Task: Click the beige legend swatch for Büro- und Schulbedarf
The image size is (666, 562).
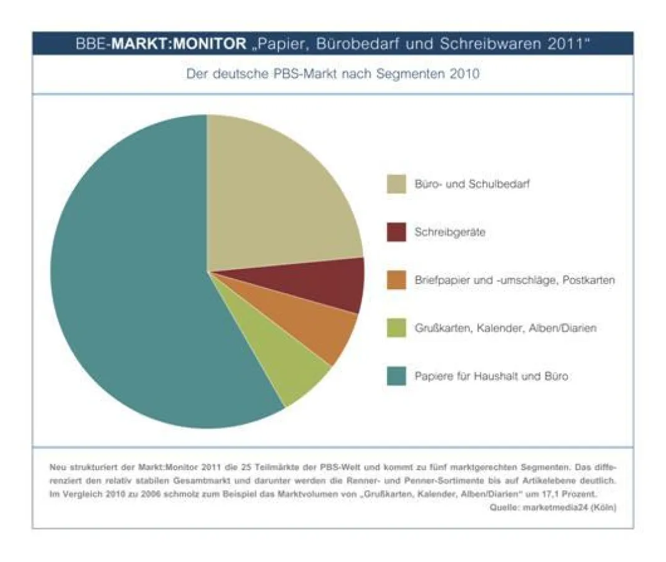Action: pyautogui.click(x=396, y=184)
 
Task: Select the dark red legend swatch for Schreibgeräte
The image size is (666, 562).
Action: pyautogui.click(x=396, y=232)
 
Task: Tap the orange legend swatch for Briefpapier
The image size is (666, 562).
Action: pyautogui.click(x=396, y=280)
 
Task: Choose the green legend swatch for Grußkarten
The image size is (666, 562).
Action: pyautogui.click(x=396, y=328)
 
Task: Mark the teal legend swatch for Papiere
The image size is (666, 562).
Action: pyautogui.click(x=396, y=376)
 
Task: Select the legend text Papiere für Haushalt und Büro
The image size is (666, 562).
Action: pyautogui.click(x=491, y=376)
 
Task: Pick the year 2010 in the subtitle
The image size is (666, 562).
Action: pyautogui.click(x=463, y=74)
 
